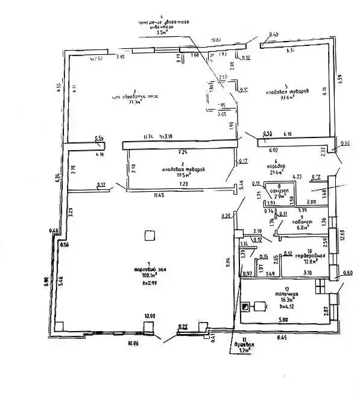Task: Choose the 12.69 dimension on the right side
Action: [x=343, y=233]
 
